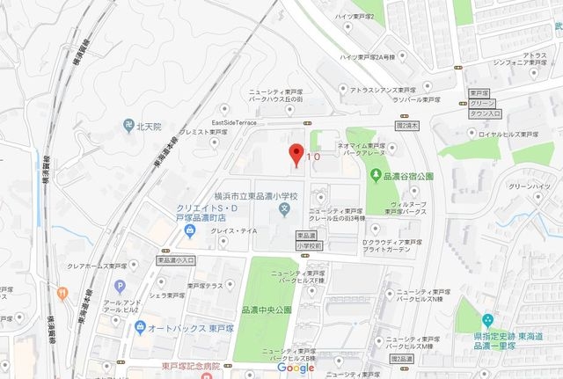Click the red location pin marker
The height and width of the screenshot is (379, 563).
[x=297, y=154]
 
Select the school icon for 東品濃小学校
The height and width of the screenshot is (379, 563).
[x=283, y=209]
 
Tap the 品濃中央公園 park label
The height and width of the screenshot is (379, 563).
[x=266, y=310]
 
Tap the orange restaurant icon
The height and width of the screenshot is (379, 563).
[x=62, y=293]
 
